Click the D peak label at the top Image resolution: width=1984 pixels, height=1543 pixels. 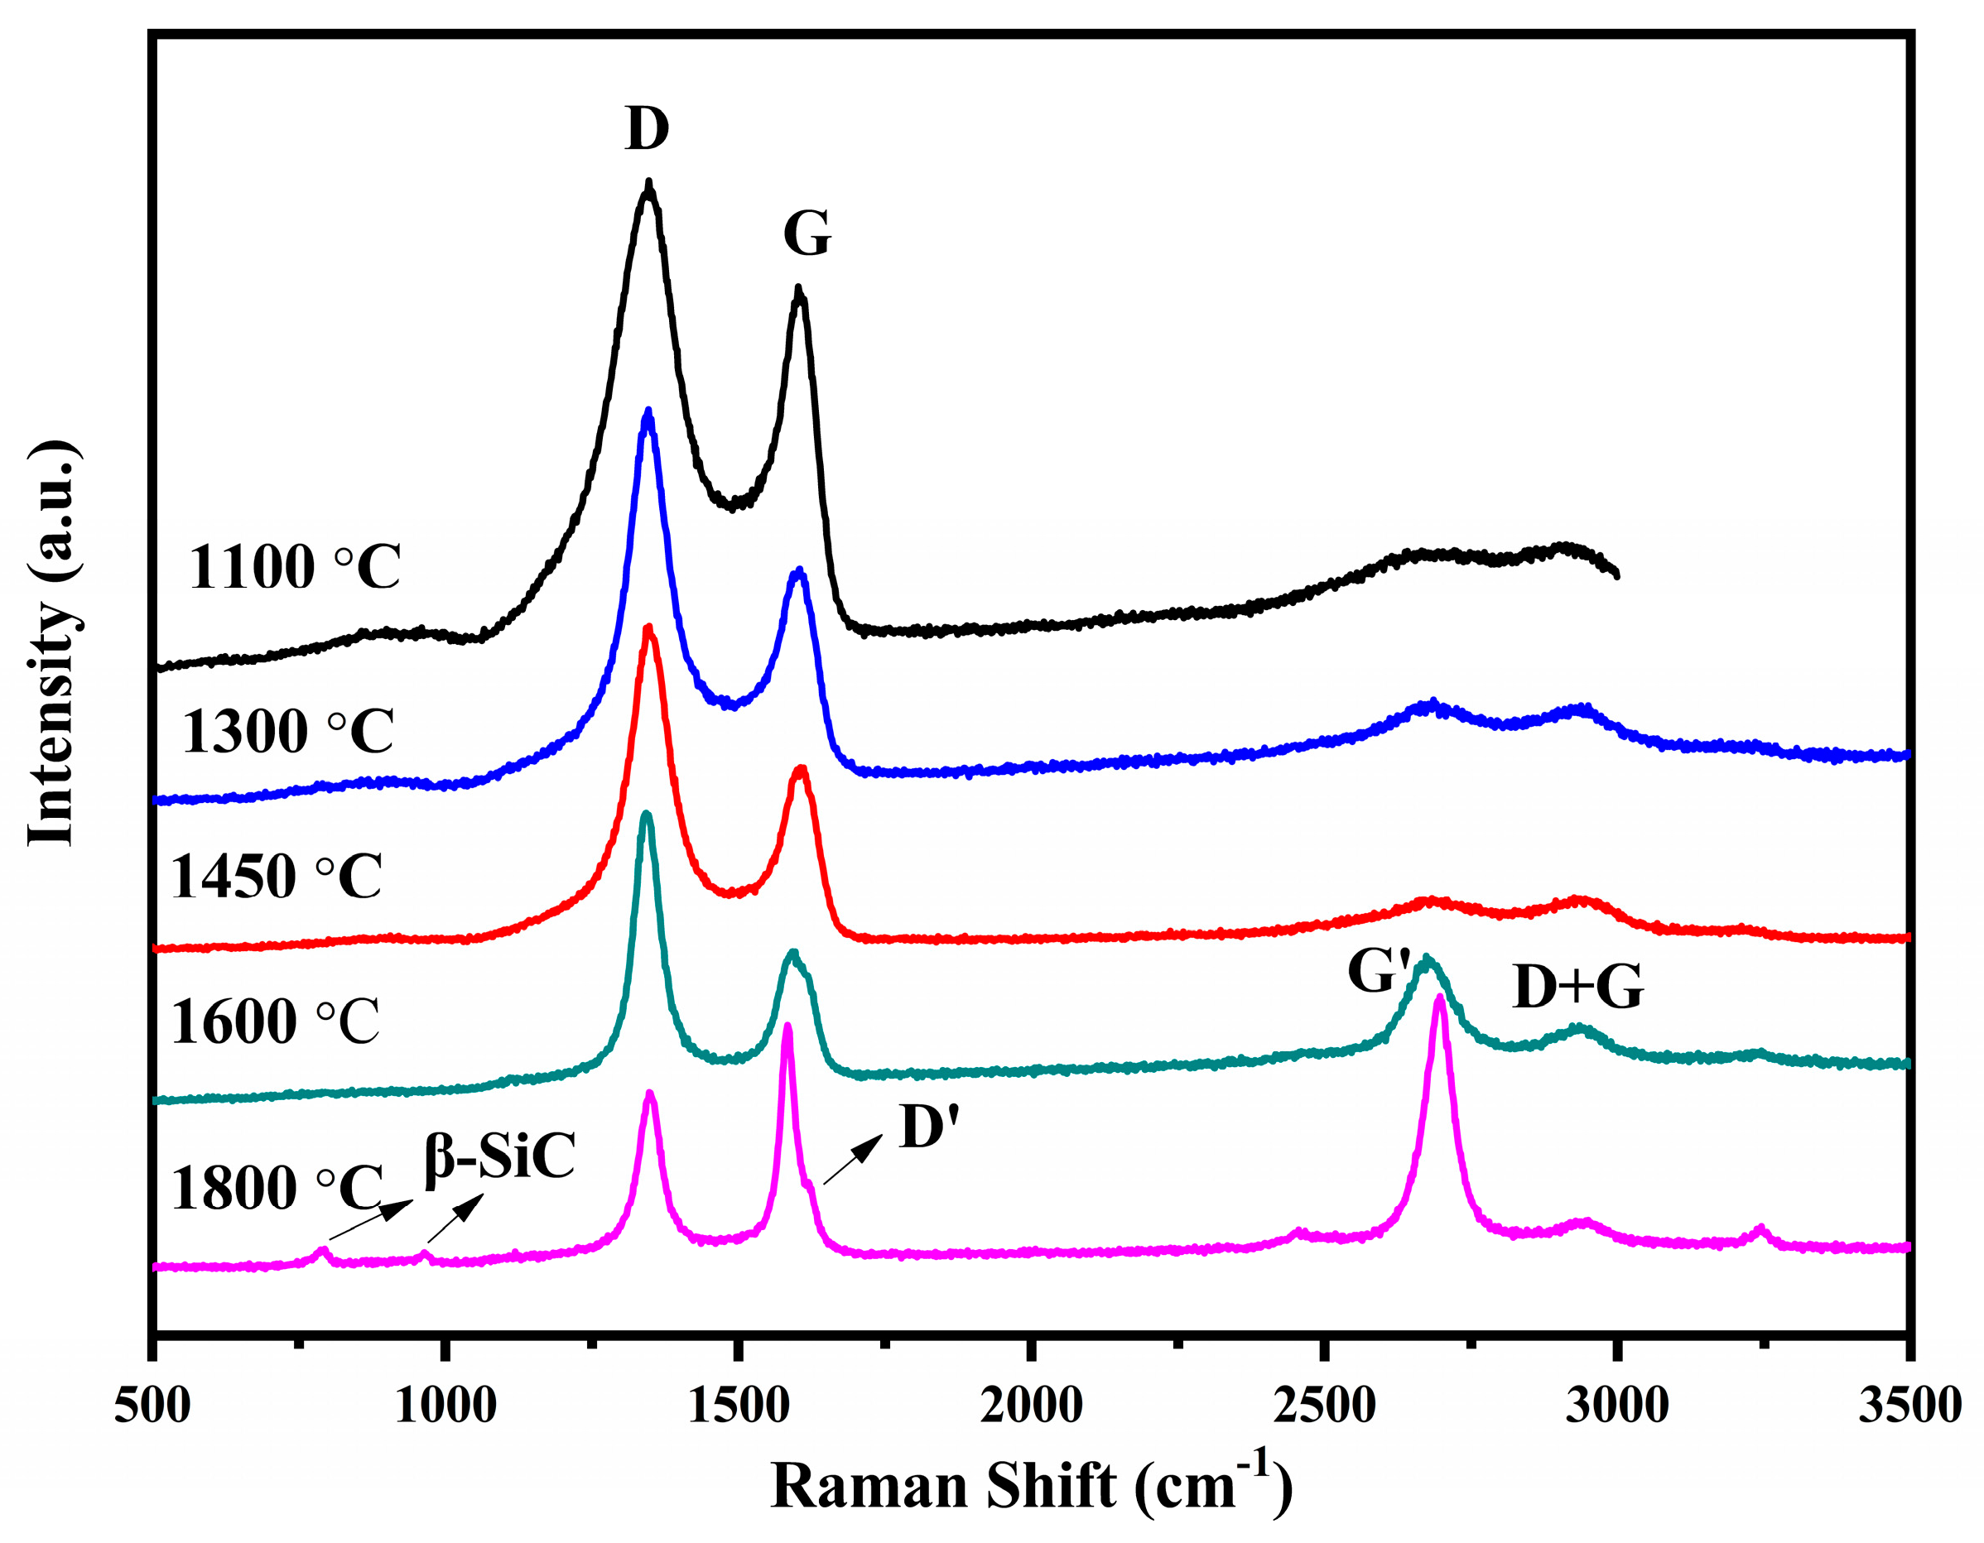pyautogui.click(x=647, y=129)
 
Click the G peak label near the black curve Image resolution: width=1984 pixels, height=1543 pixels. pyautogui.click(x=807, y=234)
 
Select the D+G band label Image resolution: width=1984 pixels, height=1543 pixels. pyautogui.click(x=1578, y=988)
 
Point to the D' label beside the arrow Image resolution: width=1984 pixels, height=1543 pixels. pyautogui.click(x=929, y=1128)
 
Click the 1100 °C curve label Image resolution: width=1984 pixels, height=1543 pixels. pyautogui.click(x=294, y=568)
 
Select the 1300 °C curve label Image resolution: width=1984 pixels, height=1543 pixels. pyautogui.click(x=288, y=731)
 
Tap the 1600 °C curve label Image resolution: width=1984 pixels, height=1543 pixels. pyautogui.click(x=274, y=1021)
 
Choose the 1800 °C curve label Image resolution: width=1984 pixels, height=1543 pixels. pyautogui.click(x=277, y=1188)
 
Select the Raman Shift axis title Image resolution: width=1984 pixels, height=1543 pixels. pyautogui.click(x=1031, y=1486)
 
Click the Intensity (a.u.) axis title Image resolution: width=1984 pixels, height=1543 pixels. pyautogui.click(x=52, y=643)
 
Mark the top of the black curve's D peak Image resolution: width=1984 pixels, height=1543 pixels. pyautogui.click(x=648, y=184)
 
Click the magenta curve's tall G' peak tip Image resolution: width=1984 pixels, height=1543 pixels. pyautogui.click(x=1440, y=998)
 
